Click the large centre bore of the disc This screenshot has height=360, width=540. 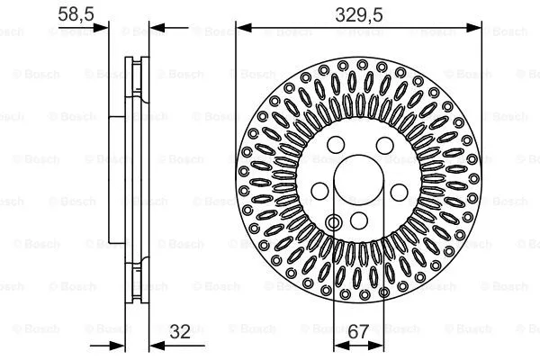click(359, 184)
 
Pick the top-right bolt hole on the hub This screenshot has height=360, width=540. click(382, 145)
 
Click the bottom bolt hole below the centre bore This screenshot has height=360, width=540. click(359, 220)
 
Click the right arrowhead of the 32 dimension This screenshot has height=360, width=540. click(157, 346)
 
